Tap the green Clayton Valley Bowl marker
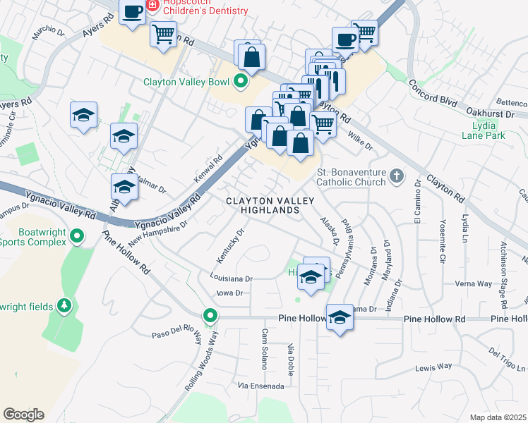click(x=240, y=80)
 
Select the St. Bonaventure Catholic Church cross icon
click(x=398, y=175)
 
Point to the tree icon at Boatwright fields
click(x=64, y=305)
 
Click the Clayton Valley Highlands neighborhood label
click(x=262, y=206)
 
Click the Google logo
click(x=23, y=414)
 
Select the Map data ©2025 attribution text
click(x=498, y=417)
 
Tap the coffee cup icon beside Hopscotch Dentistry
click(x=132, y=13)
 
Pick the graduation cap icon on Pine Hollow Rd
click(x=340, y=317)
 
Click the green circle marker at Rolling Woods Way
click(x=210, y=316)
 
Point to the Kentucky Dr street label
click(x=230, y=241)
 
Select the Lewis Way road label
click(x=433, y=367)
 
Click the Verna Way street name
click(x=474, y=284)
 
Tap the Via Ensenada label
click(x=261, y=386)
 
